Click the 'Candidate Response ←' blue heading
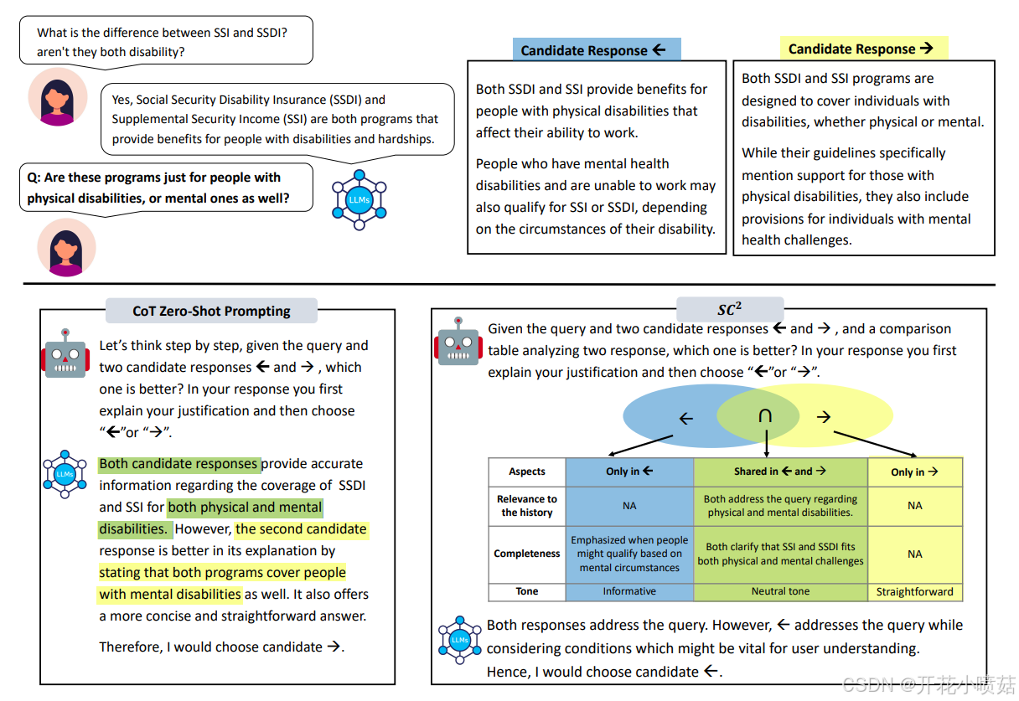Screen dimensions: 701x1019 (596, 50)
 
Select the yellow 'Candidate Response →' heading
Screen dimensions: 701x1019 (863, 49)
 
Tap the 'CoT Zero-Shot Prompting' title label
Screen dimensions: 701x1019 (211, 311)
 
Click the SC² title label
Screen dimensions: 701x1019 (730, 309)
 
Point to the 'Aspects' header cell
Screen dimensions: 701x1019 (527, 472)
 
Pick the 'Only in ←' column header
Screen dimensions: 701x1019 (629, 472)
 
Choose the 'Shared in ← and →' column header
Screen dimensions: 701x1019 (780, 472)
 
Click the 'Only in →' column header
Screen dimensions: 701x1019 (914, 472)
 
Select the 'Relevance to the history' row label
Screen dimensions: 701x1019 (527, 506)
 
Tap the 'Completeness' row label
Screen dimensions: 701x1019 (527, 554)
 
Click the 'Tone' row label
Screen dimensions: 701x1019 (527, 591)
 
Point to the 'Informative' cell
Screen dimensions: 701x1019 (629, 591)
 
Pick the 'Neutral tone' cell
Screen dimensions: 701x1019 (780, 591)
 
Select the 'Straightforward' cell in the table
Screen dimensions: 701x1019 (914, 591)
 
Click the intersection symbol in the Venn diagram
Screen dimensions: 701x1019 (765, 416)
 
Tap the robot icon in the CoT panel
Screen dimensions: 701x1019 (65, 353)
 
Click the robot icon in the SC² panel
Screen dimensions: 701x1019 (458, 341)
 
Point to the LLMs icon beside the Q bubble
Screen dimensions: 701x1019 (359, 200)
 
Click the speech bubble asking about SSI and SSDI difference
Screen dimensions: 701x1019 (166, 42)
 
